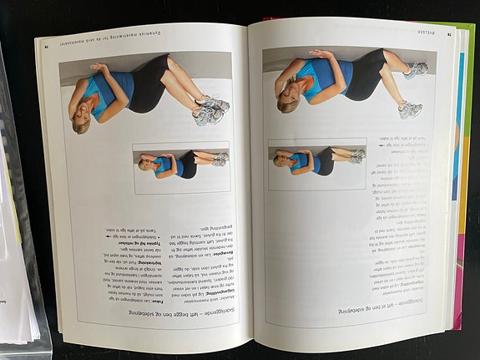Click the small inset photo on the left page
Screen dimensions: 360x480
(x=180, y=162)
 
